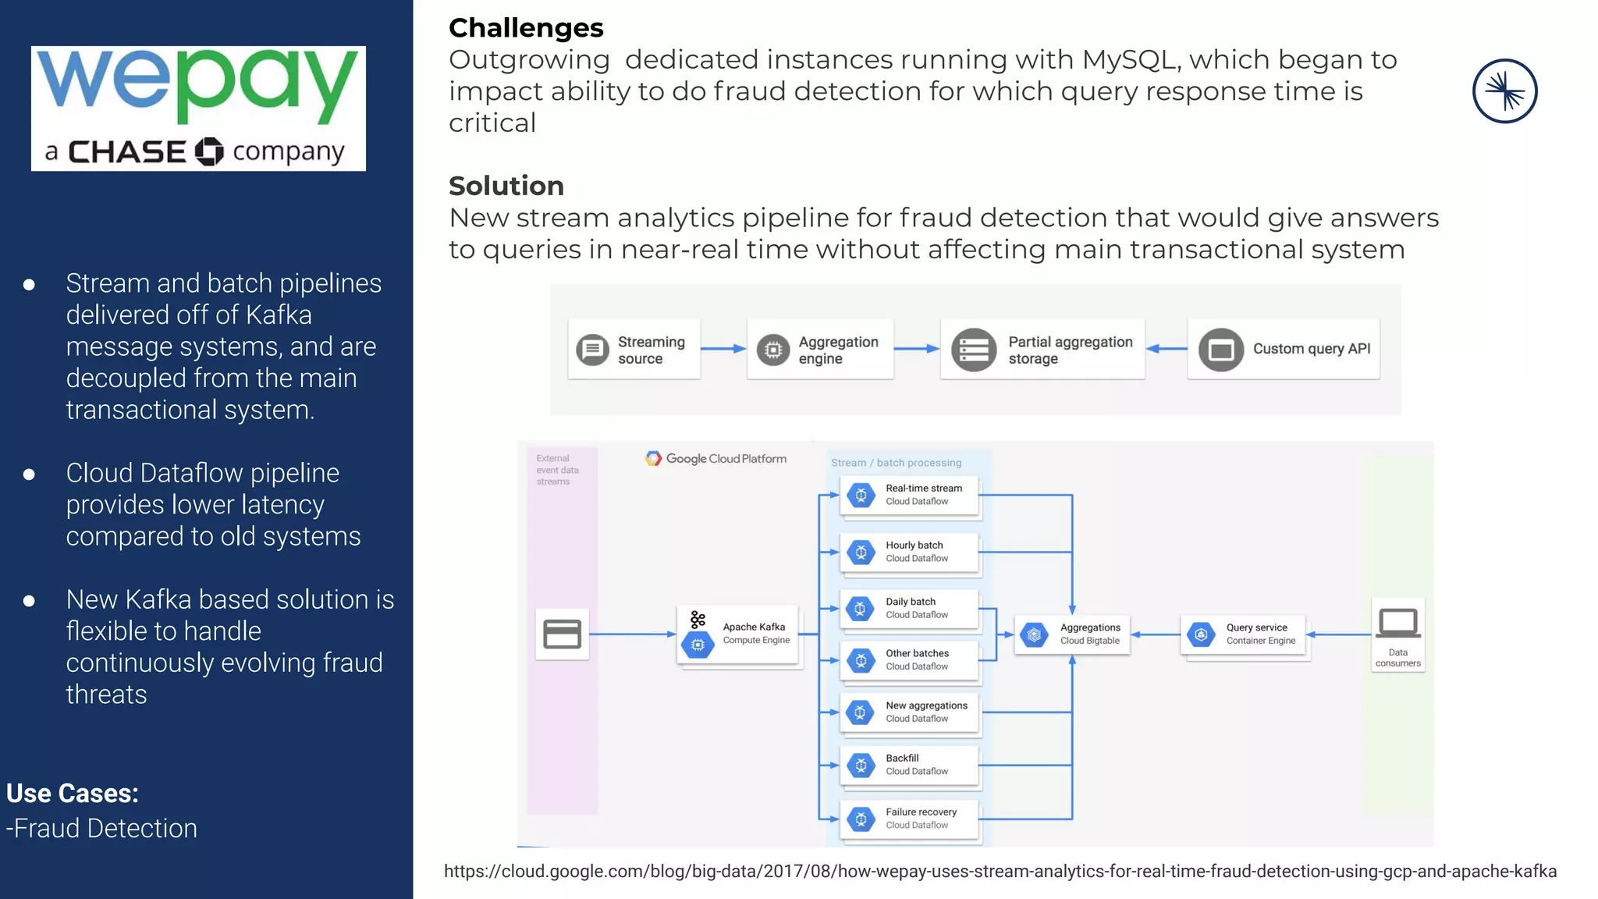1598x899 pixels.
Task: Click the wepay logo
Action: (x=198, y=108)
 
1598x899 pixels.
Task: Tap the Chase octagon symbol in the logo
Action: (x=208, y=151)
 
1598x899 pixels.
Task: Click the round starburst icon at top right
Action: (x=1504, y=91)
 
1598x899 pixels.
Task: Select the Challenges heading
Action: (x=526, y=28)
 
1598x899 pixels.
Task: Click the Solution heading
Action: (x=506, y=186)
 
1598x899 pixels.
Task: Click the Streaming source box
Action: (x=634, y=350)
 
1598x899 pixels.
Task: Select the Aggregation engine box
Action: (x=819, y=350)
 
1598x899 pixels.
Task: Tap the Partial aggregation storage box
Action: (x=1042, y=350)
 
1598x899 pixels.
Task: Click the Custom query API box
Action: (x=1284, y=349)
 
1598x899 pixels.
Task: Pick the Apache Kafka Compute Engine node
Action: (x=739, y=634)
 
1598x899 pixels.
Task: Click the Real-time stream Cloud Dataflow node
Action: (x=910, y=495)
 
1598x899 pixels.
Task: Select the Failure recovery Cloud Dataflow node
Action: (x=910, y=819)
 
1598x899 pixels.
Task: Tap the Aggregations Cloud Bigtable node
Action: (x=1072, y=634)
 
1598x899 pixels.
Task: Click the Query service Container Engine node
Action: (x=1245, y=634)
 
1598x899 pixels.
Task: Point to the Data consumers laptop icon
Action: (x=1397, y=624)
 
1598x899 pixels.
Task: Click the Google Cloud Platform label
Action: (x=716, y=459)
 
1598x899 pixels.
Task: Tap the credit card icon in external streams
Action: (x=562, y=634)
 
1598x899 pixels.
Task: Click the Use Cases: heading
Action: (x=73, y=794)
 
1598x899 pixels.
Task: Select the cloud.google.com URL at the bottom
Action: (x=1000, y=872)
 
